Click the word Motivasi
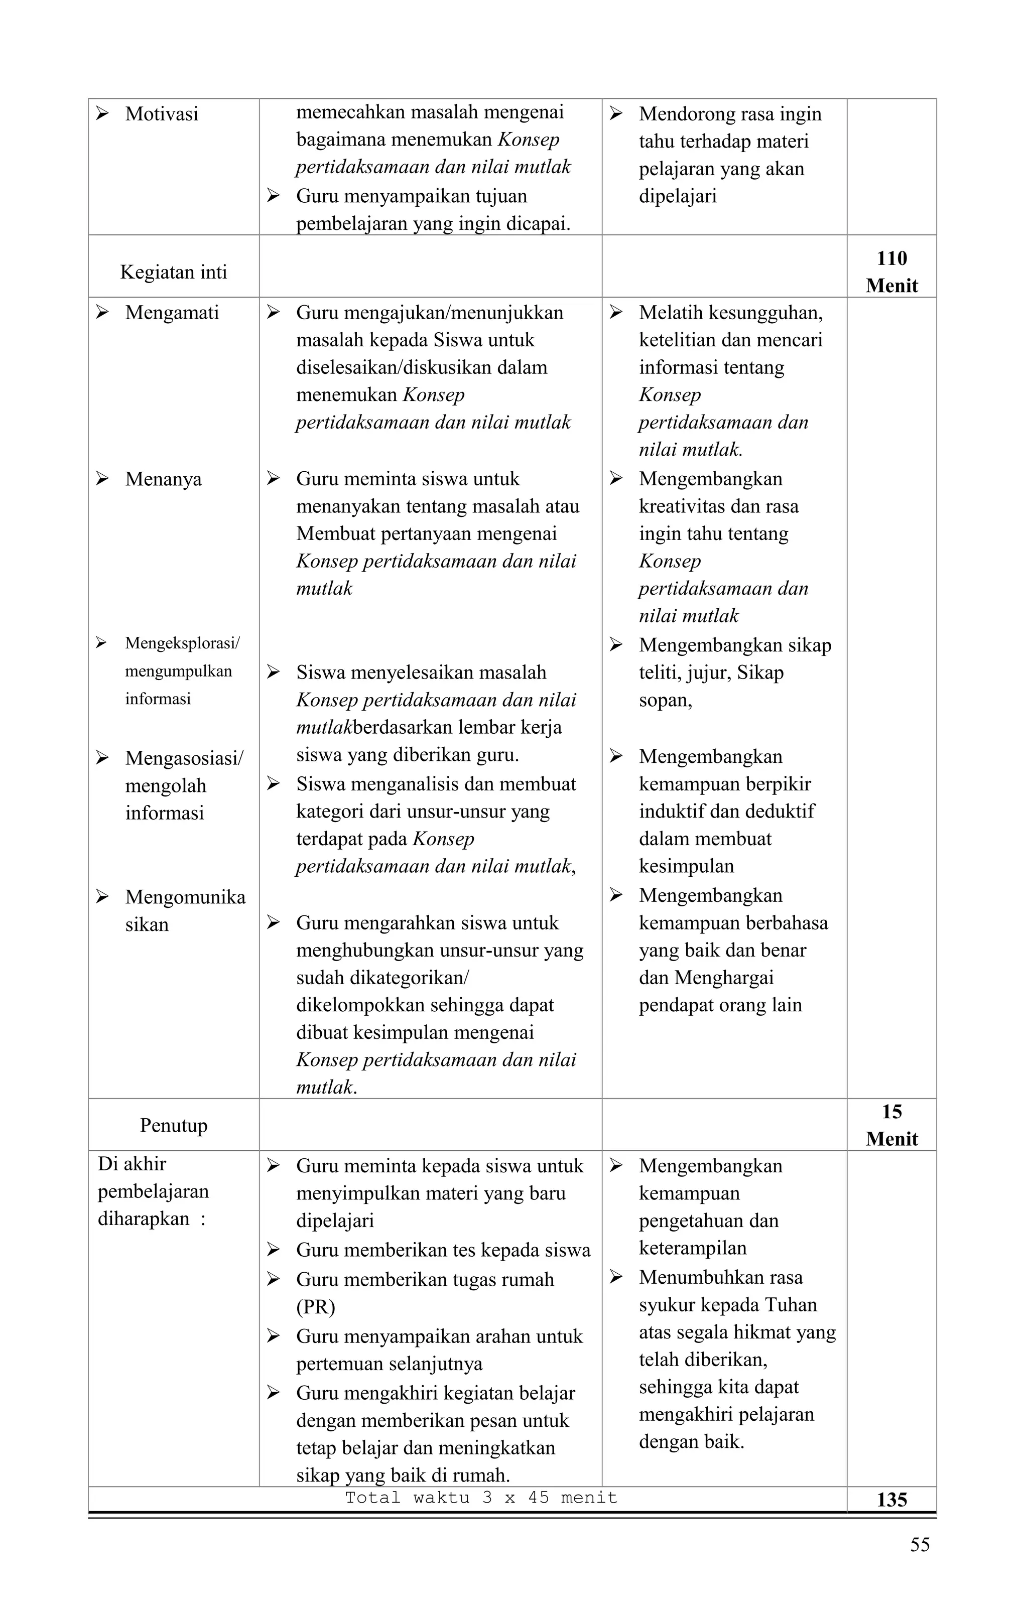(161, 114)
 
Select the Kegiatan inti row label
(173, 272)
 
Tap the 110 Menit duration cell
(891, 272)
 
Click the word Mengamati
(172, 313)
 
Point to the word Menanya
(163, 479)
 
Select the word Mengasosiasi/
(184, 758)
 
